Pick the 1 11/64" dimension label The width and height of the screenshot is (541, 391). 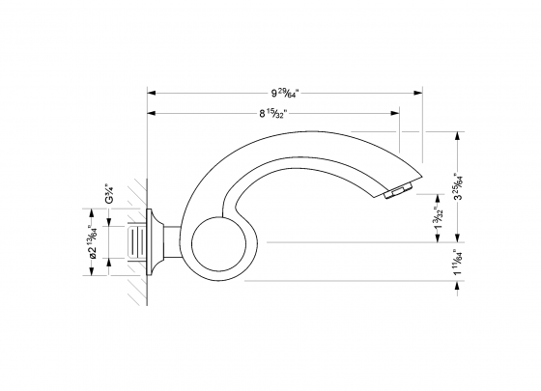point(457,262)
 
